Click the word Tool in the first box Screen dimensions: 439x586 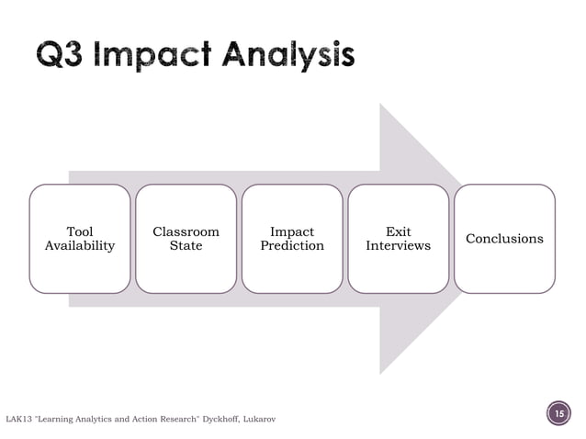79,231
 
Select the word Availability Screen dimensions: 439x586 79,246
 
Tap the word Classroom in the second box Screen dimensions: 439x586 186,231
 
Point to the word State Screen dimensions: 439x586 186,246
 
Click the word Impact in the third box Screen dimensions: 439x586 292,231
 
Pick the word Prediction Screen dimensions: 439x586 292,246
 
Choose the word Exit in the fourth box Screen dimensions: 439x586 398,231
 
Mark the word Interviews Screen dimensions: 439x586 398,246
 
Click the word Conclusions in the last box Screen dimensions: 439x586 504,239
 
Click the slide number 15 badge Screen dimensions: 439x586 557,415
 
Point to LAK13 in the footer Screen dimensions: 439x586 22,420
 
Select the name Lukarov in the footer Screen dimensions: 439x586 259,420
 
